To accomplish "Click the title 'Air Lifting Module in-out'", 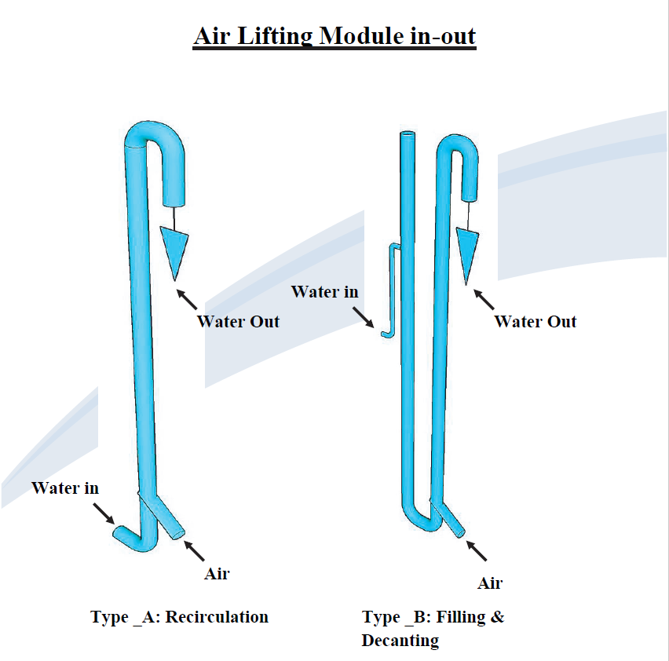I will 334,36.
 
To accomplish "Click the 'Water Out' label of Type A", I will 238,321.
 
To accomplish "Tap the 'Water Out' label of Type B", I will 536,321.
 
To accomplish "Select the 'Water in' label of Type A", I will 65,488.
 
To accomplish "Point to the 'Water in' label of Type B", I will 324,292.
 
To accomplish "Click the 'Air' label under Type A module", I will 217,574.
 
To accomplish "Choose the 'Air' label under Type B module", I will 490,583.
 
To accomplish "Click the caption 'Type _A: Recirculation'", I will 179,617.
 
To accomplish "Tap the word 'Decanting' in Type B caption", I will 400,641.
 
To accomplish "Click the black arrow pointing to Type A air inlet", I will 196,550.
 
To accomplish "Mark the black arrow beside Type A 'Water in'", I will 104,513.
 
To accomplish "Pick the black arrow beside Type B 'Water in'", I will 364,318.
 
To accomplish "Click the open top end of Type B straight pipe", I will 407,136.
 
